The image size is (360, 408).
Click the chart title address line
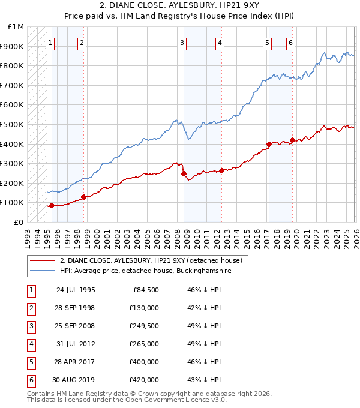(179, 6)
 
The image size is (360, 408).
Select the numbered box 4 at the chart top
(220, 43)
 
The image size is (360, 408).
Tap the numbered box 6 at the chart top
(290, 43)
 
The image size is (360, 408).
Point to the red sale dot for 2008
(184, 173)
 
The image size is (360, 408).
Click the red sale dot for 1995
(52, 205)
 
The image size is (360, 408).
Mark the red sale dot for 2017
(269, 144)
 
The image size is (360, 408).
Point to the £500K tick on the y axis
(13, 124)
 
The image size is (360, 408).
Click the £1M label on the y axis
(16, 27)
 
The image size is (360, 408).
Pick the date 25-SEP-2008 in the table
(75, 325)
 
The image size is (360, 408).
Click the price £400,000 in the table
(143, 362)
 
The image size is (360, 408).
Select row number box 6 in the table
(30, 380)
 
